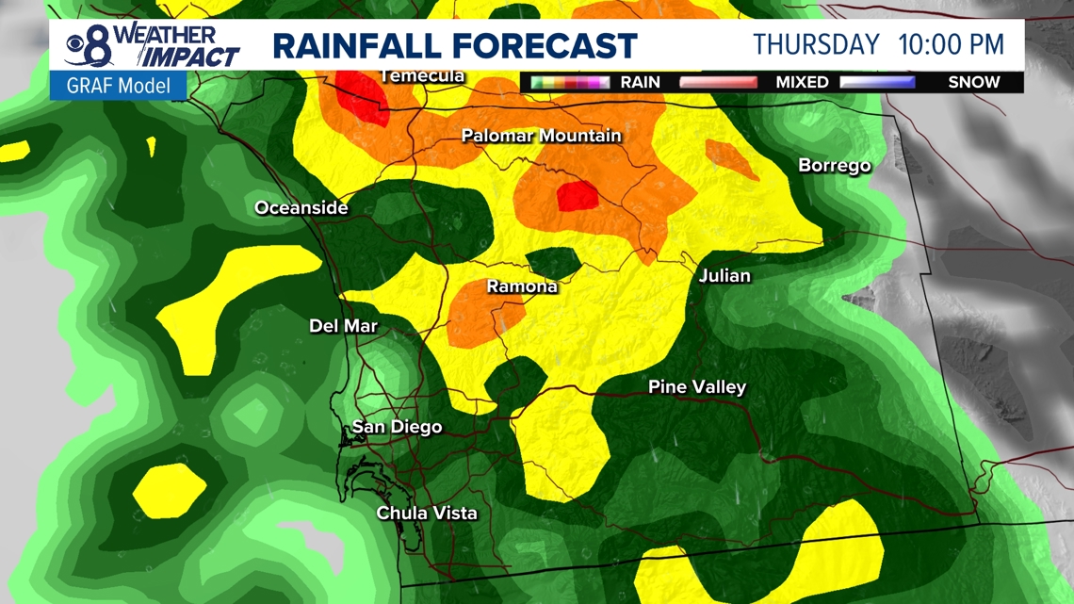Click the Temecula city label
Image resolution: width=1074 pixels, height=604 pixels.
point(422,75)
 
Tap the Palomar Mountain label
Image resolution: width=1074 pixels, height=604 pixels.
point(541,136)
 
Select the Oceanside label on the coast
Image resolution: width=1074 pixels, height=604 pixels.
point(301,208)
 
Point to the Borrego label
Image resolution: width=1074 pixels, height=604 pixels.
point(834,165)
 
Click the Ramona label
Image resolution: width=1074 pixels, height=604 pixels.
point(521,286)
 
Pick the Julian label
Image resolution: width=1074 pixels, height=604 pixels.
point(724,275)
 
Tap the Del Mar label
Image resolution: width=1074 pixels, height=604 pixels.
point(343,326)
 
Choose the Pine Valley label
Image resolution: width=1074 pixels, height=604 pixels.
point(696,386)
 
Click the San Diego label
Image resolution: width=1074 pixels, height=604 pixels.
point(397,427)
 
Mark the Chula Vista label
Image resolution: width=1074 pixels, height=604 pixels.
point(426,513)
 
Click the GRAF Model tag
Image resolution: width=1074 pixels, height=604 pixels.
point(118,86)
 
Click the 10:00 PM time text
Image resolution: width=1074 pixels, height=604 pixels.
point(952,44)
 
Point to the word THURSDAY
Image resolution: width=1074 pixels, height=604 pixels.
point(816,44)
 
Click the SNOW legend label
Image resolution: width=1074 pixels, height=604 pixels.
point(973,82)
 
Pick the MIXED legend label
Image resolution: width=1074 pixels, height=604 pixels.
point(802,82)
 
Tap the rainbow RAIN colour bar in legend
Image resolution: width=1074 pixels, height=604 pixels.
point(570,82)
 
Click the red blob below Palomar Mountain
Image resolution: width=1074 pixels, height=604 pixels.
point(577,196)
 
